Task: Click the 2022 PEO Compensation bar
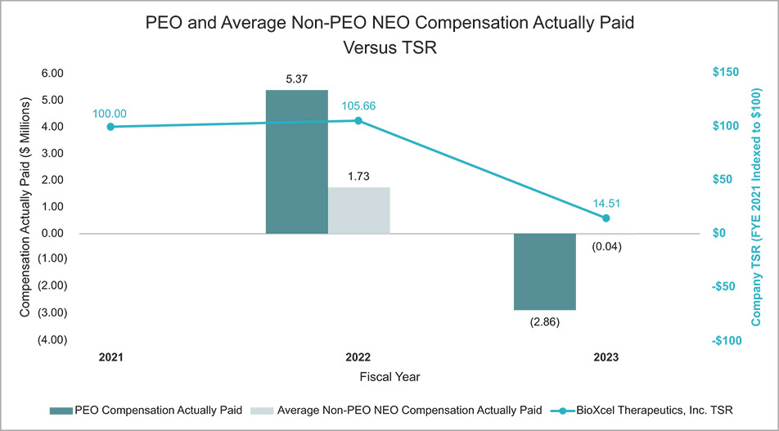click(x=296, y=162)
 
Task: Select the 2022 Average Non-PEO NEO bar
click(x=358, y=211)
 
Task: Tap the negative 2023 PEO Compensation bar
click(x=544, y=272)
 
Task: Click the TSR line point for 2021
click(x=110, y=127)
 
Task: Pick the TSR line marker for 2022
click(x=358, y=120)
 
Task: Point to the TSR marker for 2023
click(x=606, y=218)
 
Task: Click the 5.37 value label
click(x=296, y=79)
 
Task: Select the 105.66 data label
click(x=358, y=106)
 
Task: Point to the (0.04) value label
click(x=606, y=246)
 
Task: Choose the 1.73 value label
click(x=358, y=176)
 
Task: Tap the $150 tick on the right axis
click(x=724, y=73)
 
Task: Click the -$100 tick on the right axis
click(x=724, y=339)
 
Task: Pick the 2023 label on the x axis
click(x=606, y=358)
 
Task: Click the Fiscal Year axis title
click(x=390, y=377)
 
